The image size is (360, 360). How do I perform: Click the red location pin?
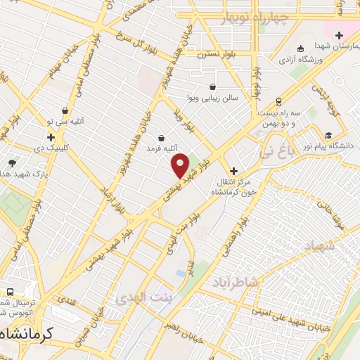tap(181, 166)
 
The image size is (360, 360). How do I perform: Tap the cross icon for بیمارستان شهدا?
tap(339, 35)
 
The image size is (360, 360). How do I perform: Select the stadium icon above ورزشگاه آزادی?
tap(301, 49)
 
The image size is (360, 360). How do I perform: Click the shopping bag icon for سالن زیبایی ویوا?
tap(212, 87)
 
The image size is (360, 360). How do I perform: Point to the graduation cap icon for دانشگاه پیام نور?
tap(328, 135)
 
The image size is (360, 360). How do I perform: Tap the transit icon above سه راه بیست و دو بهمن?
tap(278, 101)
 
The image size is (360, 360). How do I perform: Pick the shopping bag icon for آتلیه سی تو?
tap(65, 110)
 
